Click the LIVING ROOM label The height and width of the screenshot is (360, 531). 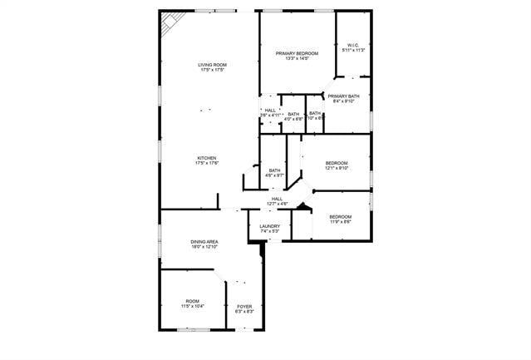213,65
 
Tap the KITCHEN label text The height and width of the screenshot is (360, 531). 207,158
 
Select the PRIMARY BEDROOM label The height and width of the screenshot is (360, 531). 297,53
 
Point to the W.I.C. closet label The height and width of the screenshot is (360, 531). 353,45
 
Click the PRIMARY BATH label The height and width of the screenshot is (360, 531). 343,96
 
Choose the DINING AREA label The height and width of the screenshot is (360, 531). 204,241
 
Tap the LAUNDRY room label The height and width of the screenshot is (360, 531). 269,226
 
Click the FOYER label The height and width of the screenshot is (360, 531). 244,307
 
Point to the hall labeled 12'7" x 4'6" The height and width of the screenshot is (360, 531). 277,200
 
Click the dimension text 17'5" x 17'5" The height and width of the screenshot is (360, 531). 213,70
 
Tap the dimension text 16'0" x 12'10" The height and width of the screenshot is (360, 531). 204,247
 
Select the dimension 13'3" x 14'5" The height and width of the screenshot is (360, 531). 297,58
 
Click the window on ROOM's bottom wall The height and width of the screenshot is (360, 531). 193,330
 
